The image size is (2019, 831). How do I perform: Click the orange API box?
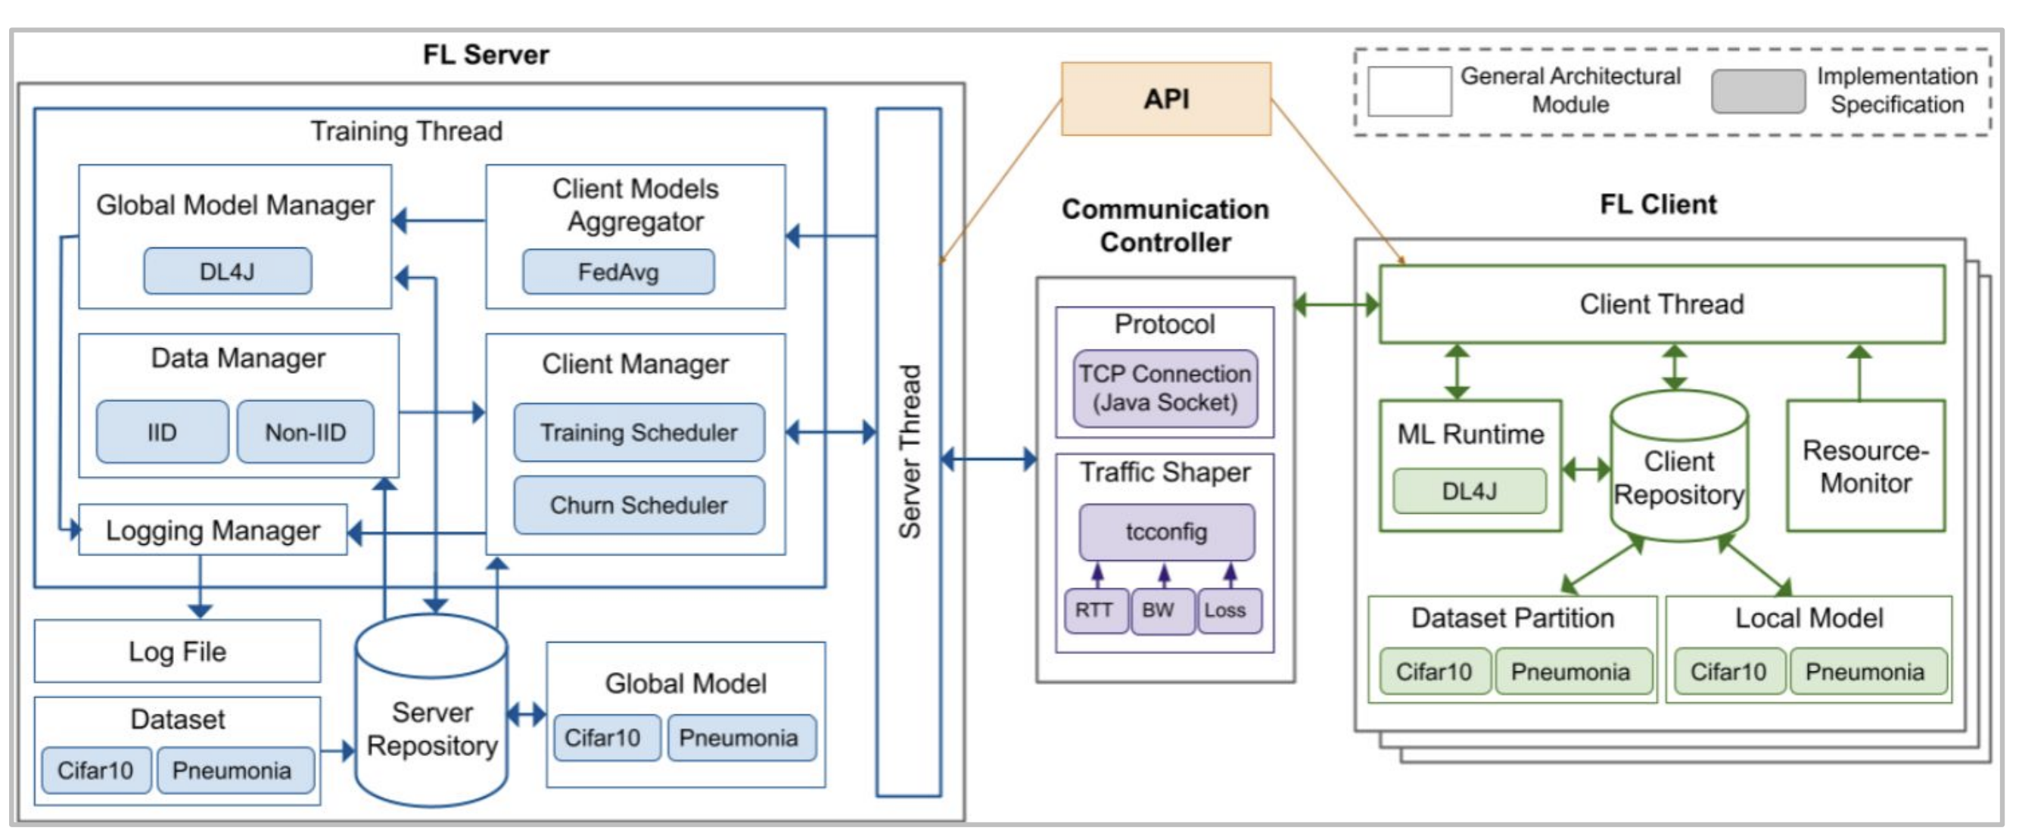tap(1165, 99)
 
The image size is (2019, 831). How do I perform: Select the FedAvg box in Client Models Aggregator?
tap(618, 272)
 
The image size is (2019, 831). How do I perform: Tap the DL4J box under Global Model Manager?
tap(227, 271)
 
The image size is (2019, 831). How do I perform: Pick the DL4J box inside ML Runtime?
tap(1469, 490)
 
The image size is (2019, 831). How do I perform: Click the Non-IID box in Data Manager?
tap(305, 432)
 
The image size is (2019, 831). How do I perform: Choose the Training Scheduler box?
tap(639, 432)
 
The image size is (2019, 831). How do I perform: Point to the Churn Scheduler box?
tap(639, 505)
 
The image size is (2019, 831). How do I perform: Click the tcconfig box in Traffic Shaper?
tap(1166, 531)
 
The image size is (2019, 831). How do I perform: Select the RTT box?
tap(1095, 610)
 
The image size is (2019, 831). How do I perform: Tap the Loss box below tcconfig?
tap(1228, 610)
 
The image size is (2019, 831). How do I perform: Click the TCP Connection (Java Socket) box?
tap(1165, 388)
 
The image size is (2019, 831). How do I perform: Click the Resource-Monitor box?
tap(1865, 465)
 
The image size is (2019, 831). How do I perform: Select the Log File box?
tap(177, 651)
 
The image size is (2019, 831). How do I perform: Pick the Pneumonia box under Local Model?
tap(1866, 671)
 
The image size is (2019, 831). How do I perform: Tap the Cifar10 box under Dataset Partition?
tap(1433, 671)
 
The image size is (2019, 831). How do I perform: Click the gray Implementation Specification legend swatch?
tap(1758, 92)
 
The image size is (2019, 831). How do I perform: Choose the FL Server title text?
tap(486, 54)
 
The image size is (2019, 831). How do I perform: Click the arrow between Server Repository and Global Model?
tap(527, 714)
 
